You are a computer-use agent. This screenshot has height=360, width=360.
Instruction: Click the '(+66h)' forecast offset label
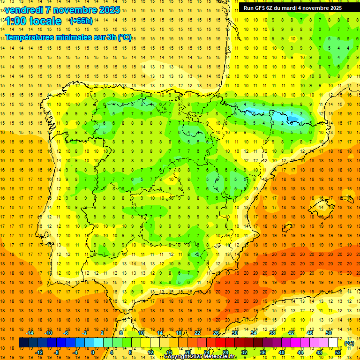[81, 21]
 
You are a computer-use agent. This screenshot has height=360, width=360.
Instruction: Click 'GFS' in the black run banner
[262, 8]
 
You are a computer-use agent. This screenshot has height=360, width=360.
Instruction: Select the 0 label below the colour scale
[93, 352]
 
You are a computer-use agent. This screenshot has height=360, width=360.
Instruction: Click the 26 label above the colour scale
[216, 333]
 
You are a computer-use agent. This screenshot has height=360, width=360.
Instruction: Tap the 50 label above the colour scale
[329, 333]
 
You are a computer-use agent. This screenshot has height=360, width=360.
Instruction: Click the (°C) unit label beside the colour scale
[349, 343]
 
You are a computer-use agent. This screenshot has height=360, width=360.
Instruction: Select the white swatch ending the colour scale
[333, 343]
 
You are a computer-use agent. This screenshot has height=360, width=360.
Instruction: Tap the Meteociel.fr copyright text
[200, 357]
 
